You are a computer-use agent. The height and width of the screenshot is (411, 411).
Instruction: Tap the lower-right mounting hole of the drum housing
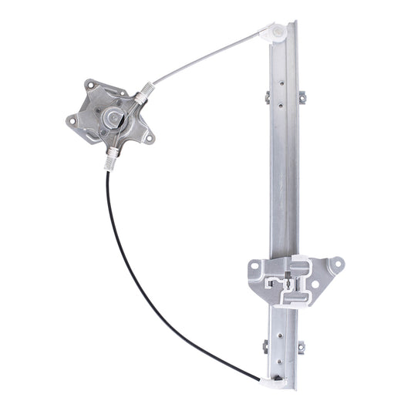click(x=148, y=138)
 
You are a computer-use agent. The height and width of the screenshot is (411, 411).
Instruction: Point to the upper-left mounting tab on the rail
click(x=267, y=97)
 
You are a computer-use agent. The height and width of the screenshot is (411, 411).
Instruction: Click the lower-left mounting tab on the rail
click(x=266, y=347)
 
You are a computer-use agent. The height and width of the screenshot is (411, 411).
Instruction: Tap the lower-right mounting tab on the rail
click(x=300, y=347)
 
